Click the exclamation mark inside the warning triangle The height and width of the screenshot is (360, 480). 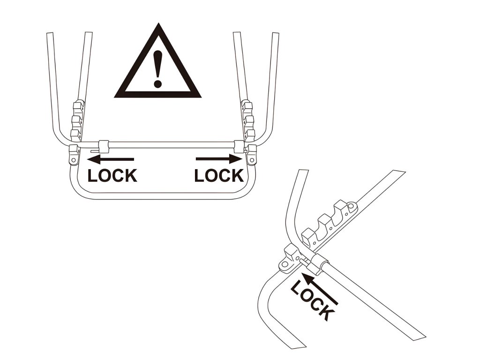(x=158, y=69)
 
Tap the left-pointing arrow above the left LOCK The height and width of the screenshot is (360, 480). (x=111, y=159)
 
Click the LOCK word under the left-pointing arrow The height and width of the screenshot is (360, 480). (x=112, y=176)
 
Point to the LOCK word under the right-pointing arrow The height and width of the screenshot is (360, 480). (x=219, y=176)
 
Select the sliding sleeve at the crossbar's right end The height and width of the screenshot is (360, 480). (x=239, y=146)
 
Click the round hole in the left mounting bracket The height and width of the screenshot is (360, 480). (x=74, y=160)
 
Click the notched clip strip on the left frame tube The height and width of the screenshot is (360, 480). (x=77, y=120)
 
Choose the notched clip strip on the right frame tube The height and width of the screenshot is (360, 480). (x=247, y=120)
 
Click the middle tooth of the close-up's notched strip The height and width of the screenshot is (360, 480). (x=325, y=222)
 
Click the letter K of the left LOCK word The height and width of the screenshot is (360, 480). (x=131, y=176)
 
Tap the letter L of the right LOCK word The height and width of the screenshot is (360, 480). (x=199, y=176)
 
